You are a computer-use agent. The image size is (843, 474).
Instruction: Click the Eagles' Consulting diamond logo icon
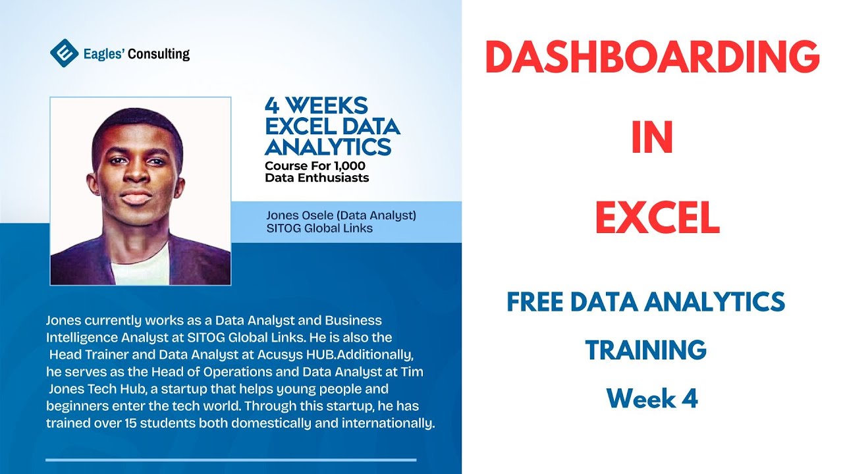click(64, 53)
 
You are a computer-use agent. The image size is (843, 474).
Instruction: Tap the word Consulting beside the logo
click(159, 54)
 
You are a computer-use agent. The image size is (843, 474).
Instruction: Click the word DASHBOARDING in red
click(652, 58)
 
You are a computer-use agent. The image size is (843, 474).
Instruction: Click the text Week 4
click(652, 398)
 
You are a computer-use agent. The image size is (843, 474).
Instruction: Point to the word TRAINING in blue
click(645, 350)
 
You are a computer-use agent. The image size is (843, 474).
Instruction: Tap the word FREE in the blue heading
click(535, 302)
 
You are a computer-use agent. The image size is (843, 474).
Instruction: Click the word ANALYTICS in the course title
click(327, 146)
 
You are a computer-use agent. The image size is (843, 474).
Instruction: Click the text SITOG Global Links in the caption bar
click(319, 228)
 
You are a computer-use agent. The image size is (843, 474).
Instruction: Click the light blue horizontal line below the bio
click(231, 460)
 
